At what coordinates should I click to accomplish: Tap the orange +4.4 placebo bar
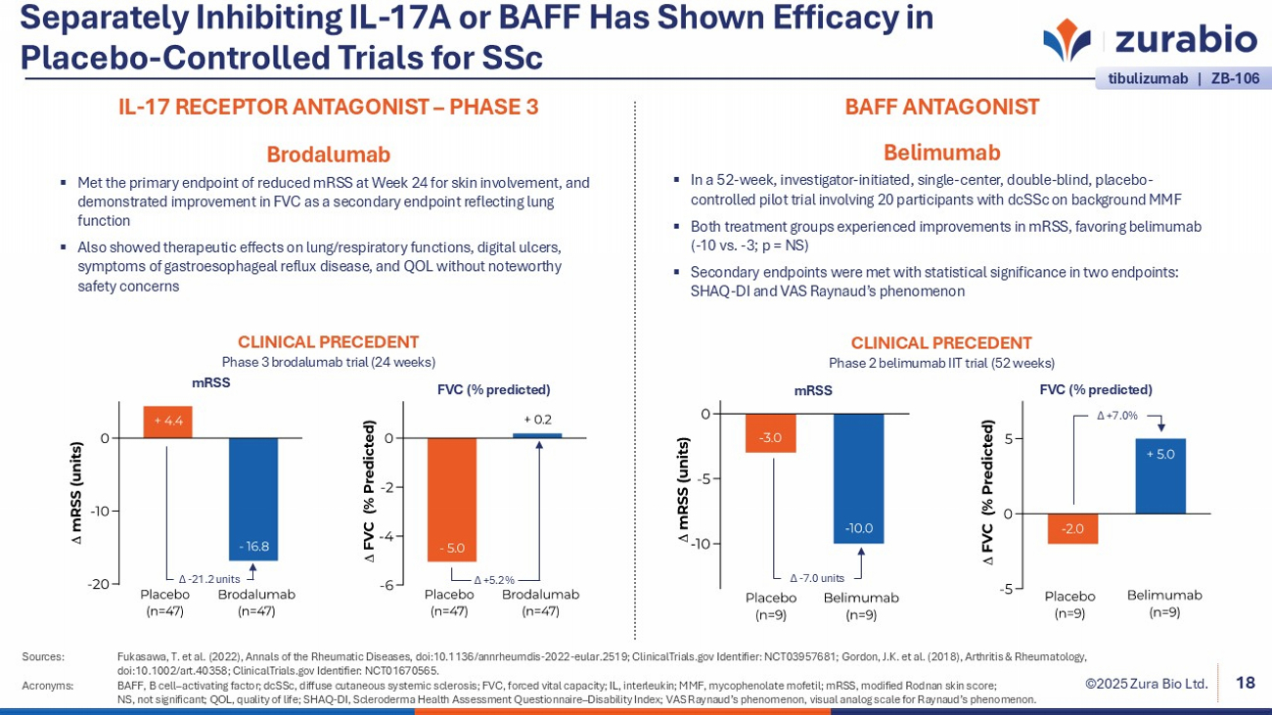pos(168,422)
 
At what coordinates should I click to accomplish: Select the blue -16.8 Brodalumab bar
pos(253,499)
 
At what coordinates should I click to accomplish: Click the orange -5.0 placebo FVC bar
pos(451,500)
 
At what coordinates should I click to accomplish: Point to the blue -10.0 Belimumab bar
pos(859,478)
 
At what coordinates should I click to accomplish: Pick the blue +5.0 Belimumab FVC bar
pos(1160,475)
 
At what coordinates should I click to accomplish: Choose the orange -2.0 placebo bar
pos(1072,528)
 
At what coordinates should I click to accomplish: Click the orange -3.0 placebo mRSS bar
pos(770,433)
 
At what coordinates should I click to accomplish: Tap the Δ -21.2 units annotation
pos(208,579)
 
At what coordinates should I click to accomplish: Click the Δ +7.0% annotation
pos(1116,416)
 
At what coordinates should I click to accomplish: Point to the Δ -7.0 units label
pos(816,578)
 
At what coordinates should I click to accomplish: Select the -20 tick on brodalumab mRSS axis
pos(98,585)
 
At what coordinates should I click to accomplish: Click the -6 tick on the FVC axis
pos(388,585)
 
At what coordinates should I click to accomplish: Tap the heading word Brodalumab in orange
pos(328,155)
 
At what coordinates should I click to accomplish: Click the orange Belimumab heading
pos(941,153)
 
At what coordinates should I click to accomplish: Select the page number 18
pos(1246,683)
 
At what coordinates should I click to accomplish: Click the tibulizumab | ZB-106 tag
pos(1183,78)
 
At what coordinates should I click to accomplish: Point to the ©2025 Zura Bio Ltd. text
pos(1146,684)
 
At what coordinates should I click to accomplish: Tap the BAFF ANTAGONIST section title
pos(941,108)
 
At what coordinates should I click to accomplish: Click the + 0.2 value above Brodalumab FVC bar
pos(537,420)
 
